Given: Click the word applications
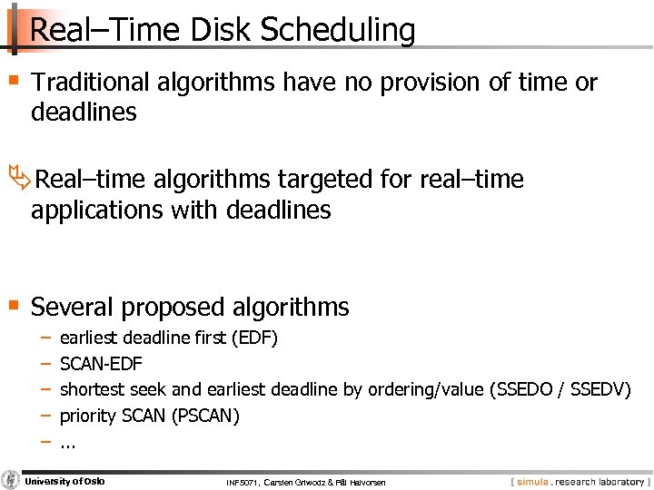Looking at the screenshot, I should tap(96, 211).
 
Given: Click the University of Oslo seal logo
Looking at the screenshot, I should tap(11, 480).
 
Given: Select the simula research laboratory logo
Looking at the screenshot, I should tap(577, 481).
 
